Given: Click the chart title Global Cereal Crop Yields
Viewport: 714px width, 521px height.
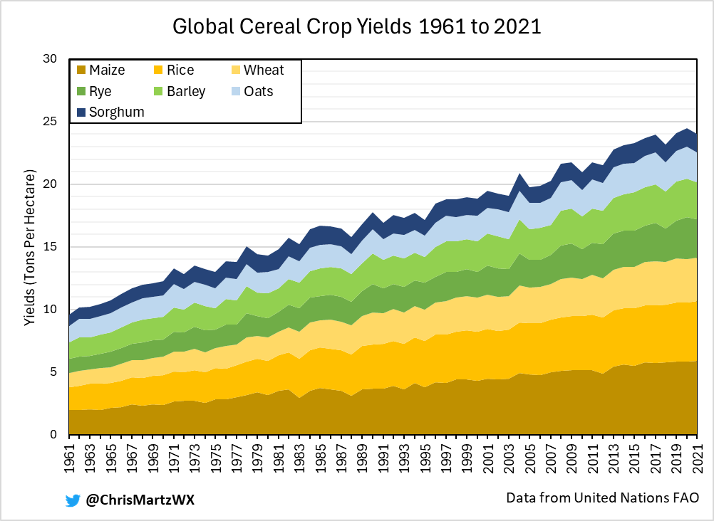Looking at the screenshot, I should coord(357,27).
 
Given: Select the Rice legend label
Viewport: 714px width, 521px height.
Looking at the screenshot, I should coord(180,70).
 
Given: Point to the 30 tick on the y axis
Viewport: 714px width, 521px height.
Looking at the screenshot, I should coord(49,59).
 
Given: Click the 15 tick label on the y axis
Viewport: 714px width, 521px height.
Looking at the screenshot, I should coord(49,247).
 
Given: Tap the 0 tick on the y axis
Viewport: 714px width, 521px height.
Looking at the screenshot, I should coord(53,435).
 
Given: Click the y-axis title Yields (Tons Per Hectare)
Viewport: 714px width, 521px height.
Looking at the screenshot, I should coord(29,248).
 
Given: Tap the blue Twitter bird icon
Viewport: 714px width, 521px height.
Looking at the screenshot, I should coord(73,500).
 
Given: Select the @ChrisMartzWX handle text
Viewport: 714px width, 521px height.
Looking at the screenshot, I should coord(140,500).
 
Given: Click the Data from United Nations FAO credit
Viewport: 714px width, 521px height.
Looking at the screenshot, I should coord(601,498).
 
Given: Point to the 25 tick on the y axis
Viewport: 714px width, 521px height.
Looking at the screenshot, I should coord(49,122).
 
